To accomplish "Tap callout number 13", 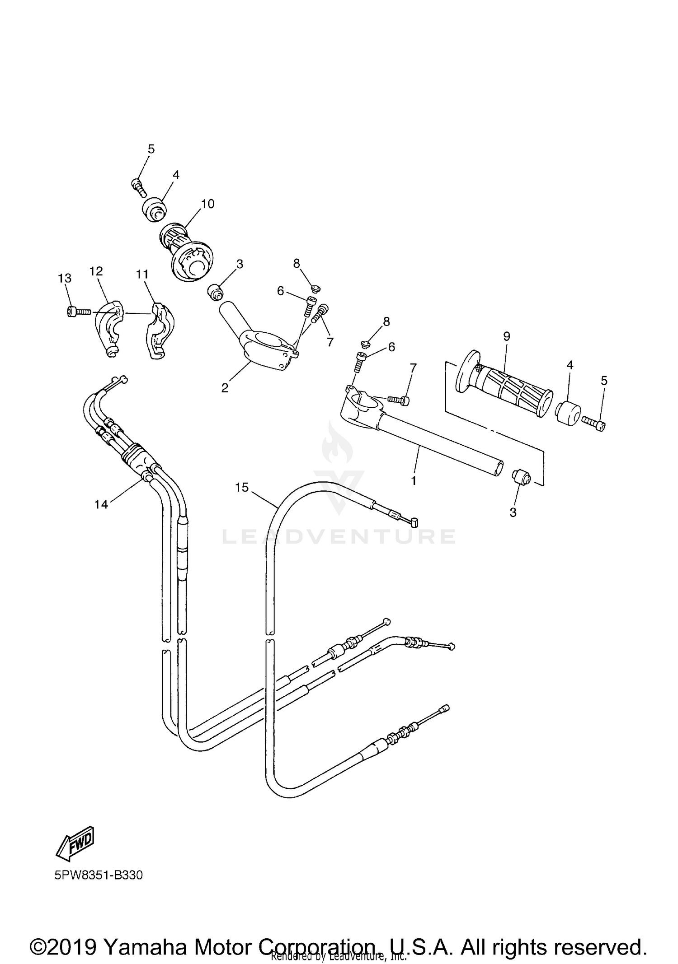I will (x=65, y=278).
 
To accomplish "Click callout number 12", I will (x=96, y=271).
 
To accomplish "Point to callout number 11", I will (x=142, y=275).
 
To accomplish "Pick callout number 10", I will (x=207, y=204).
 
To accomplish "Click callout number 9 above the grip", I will (x=506, y=336).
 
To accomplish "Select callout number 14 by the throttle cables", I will (x=101, y=504).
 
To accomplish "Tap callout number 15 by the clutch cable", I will (x=242, y=487).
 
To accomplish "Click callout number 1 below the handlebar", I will (x=413, y=480).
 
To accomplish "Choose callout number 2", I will (x=225, y=387).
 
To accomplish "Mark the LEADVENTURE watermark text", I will (x=339, y=536).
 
